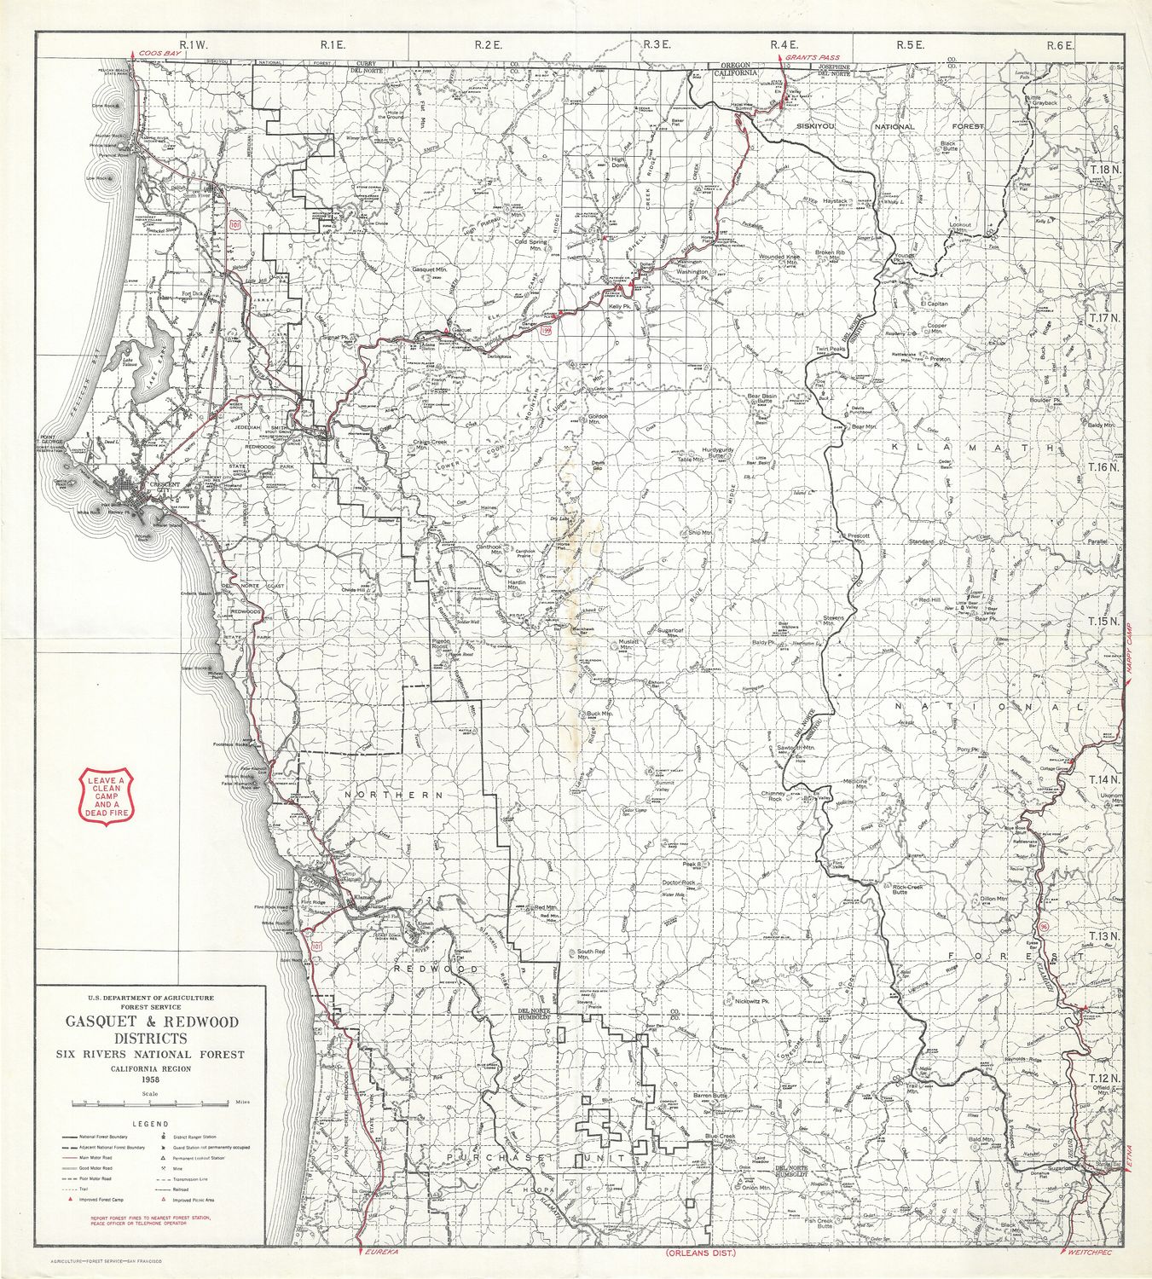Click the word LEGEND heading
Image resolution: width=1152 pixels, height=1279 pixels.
point(150,1124)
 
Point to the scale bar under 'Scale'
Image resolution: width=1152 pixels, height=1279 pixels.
point(150,1103)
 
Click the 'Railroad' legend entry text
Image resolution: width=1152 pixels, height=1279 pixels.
point(181,1188)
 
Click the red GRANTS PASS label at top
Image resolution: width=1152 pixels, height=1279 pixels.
point(812,57)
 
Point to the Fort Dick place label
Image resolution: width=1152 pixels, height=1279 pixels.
point(194,294)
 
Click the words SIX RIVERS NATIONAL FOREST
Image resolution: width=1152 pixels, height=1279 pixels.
point(150,1054)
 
